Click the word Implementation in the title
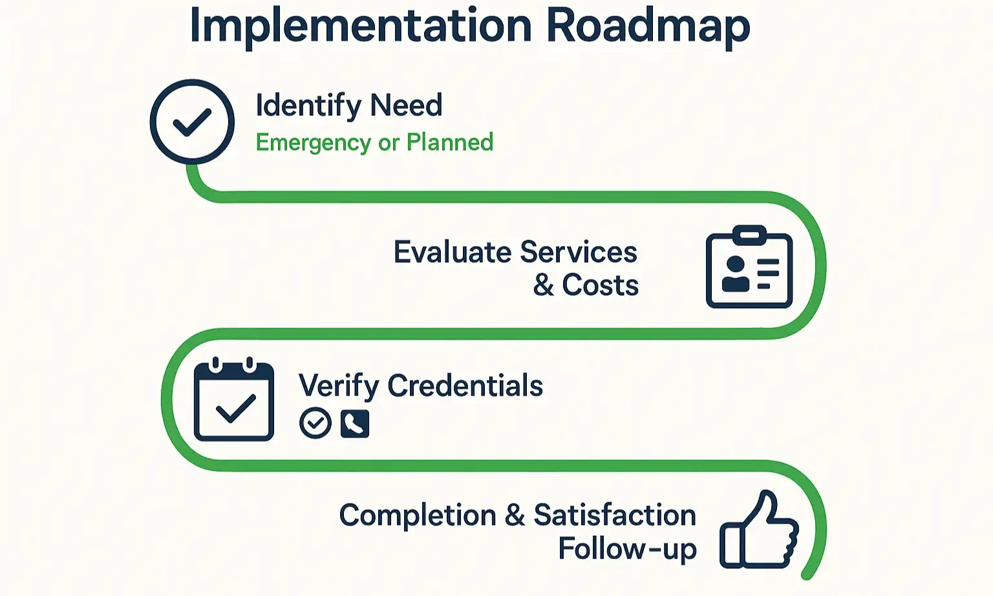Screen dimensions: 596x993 [x=359, y=26]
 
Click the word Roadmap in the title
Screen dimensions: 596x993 [x=648, y=26]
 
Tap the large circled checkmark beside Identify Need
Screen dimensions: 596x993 [x=192, y=122]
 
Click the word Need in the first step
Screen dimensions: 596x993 [x=407, y=105]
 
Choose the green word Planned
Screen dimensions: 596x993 [x=450, y=142]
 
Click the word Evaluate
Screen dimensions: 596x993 [x=453, y=252]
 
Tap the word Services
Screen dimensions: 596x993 [x=579, y=252]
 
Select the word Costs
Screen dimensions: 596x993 [x=601, y=285]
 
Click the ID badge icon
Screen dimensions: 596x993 [x=749, y=267]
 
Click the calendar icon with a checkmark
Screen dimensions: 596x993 [x=234, y=401]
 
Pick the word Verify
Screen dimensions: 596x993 [x=338, y=386]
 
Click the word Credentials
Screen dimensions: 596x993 [x=465, y=386]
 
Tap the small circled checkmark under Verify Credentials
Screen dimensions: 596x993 [x=315, y=424]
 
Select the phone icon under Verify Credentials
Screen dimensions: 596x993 [x=355, y=424]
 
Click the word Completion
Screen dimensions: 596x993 [x=418, y=516]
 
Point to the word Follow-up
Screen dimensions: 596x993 [x=627, y=549]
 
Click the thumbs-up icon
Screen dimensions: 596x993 [x=760, y=531]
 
